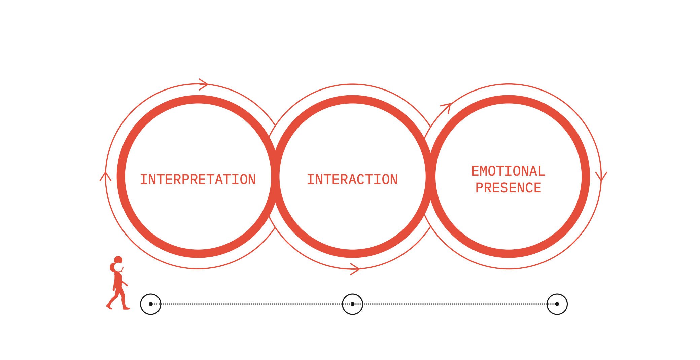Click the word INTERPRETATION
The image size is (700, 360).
198,179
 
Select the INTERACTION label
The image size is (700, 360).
352,179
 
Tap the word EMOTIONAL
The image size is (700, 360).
508,171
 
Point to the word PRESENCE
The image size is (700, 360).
508,188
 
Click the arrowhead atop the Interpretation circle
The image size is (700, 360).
204,84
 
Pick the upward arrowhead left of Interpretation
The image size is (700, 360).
105,176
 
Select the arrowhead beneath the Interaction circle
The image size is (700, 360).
355,269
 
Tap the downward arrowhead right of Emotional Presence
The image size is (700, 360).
601,177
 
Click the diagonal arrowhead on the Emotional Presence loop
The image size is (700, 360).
447,107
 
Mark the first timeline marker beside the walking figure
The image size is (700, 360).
151,304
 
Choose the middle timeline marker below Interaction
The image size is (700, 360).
352,304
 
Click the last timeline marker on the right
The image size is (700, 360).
557,304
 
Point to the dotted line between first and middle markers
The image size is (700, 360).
251,304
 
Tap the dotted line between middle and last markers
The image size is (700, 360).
455,304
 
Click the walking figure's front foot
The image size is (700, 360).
126,308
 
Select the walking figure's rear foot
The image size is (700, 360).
109,307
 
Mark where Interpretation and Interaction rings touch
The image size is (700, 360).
275,177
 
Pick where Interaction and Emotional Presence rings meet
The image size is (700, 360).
431,177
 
